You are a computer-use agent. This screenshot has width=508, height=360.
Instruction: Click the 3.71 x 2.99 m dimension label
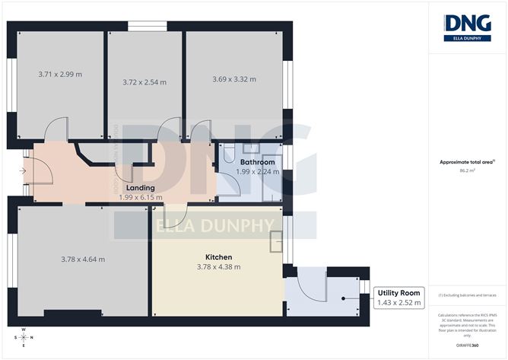pos(60,75)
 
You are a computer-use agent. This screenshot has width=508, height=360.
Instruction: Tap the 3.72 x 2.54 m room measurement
pos(144,82)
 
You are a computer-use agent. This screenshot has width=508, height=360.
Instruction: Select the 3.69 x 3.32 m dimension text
pos(233,79)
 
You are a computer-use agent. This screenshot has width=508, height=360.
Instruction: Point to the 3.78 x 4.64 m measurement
pos(83,260)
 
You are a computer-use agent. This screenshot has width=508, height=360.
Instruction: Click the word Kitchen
pos(217,257)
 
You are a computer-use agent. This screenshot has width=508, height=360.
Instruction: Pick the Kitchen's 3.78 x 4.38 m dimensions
pos(217,267)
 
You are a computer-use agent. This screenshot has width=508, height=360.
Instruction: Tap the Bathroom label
pos(257,162)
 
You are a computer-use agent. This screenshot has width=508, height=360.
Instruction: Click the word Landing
pos(141,187)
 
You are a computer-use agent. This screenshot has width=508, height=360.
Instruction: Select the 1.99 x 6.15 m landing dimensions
pos(141,197)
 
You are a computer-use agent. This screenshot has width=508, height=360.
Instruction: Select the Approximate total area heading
pos(467,161)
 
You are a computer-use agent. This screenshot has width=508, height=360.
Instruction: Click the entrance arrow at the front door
pos(24,171)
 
